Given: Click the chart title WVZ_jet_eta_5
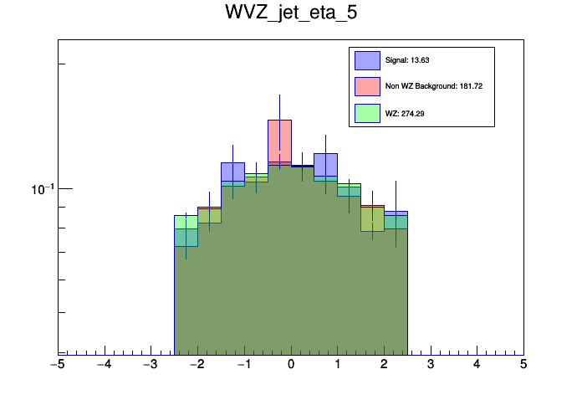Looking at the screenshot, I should pos(290,13).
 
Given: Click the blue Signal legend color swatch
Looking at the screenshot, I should pos(367,60).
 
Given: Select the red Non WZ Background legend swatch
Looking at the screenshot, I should pos(367,86).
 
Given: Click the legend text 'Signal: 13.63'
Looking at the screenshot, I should pos(406,60).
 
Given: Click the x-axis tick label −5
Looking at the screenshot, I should pos(58,365).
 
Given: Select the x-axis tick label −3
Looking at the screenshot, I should pos(151,365).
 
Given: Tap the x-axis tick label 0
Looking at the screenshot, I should pos(291,365).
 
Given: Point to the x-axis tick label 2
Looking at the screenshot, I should pos(384,365).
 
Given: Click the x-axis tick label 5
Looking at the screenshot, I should pos(523,365).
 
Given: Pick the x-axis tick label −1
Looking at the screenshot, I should pos(243,365).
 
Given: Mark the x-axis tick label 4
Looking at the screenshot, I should pos(477,365).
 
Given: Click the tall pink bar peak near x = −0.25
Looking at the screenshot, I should pos(279,121).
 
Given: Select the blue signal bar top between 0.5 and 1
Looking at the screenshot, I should pos(325,155).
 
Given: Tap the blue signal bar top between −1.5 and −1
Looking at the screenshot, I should pos(232,164).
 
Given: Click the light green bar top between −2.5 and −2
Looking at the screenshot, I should pos(186,217).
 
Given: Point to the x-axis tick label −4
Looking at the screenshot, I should pos(104,365).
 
